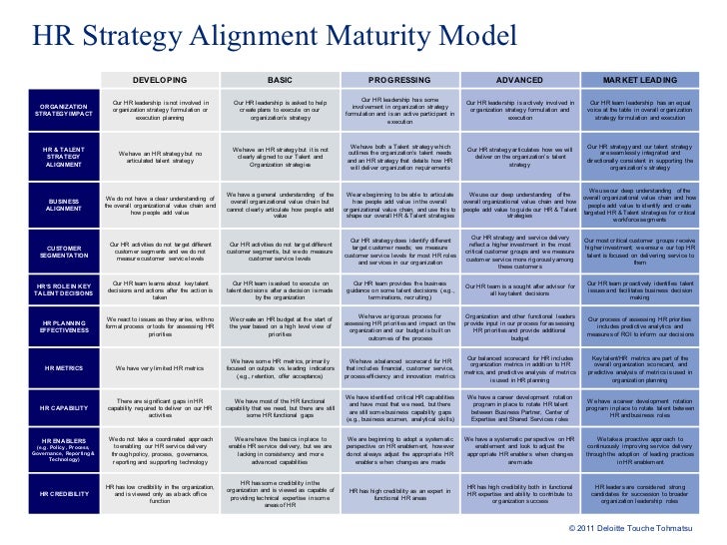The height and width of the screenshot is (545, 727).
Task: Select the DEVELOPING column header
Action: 160,79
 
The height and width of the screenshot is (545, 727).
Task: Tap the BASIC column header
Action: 280,79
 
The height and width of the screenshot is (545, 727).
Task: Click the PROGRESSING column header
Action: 399,79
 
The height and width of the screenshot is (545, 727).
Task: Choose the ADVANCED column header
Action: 519,79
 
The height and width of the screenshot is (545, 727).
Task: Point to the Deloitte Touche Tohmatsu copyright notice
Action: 639,527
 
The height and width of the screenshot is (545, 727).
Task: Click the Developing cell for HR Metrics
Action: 160,368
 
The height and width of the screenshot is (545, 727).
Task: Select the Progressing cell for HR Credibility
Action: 399,493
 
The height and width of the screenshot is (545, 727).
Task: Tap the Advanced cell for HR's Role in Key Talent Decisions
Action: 519,289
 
